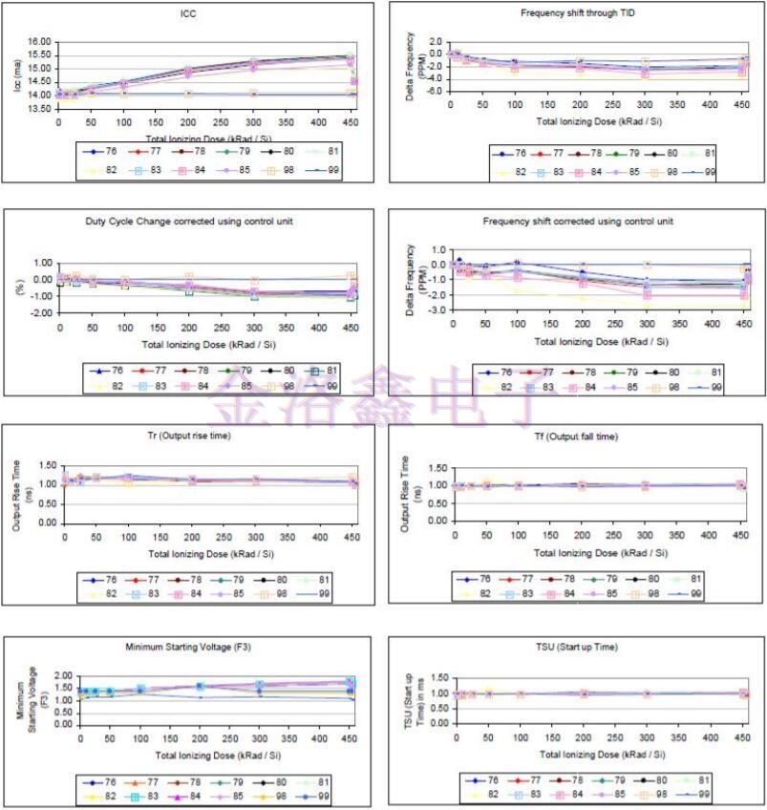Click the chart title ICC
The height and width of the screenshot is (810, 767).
coord(188,12)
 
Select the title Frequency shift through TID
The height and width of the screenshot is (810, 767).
coord(577,12)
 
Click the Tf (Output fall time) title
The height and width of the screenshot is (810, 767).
coord(577,437)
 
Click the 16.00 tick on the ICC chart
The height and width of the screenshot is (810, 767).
coord(38,42)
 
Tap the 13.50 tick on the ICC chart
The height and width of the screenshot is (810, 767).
coord(38,108)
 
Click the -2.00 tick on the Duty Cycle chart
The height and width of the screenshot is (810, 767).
coord(40,312)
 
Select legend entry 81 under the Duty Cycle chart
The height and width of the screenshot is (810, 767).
coord(323,370)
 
